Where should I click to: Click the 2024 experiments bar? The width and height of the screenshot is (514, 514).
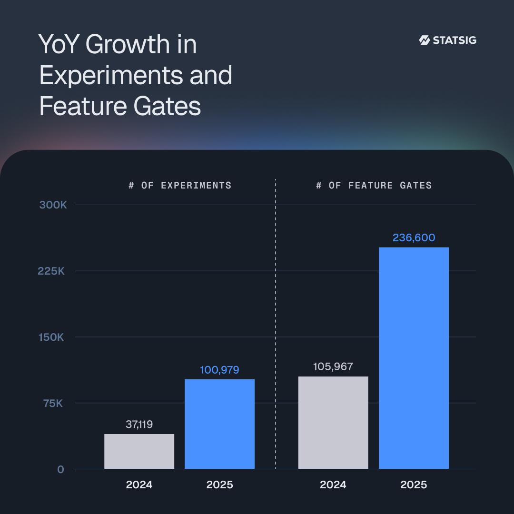pyautogui.click(x=139, y=451)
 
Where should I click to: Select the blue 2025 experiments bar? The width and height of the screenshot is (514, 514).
pyautogui.click(x=219, y=424)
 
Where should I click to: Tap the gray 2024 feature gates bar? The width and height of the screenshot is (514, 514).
pyautogui.click(x=333, y=423)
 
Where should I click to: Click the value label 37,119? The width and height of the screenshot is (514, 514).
pyautogui.click(x=139, y=425)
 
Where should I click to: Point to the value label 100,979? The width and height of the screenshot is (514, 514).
pyautogui.click(x=219, y=370)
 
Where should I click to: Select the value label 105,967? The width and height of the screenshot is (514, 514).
pyautogui.click(x=333, y=367)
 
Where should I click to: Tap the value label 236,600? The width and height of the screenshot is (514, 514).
pyautogui.click(x=414, y=237)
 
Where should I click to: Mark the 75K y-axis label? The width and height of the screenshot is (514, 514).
pyautogui.click(x=53, y=403)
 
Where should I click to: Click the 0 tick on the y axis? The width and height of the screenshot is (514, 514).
pyautogui.click(x=60, y=469)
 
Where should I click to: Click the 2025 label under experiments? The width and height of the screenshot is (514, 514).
pyautogui.click(x=219, y=485)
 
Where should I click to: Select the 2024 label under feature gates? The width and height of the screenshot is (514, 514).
pyautogui.click(x=333, y=485)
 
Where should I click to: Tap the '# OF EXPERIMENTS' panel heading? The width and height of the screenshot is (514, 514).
pyautogui.click(x=180, y=185)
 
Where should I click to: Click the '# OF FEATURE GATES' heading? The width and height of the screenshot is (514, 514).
pyautogui.click(x=374, y=185)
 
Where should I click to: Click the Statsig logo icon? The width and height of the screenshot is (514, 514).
pyautogui.click(x=424, y=40)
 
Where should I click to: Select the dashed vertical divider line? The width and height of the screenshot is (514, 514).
pyautogui.click(x=276, y=324)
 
